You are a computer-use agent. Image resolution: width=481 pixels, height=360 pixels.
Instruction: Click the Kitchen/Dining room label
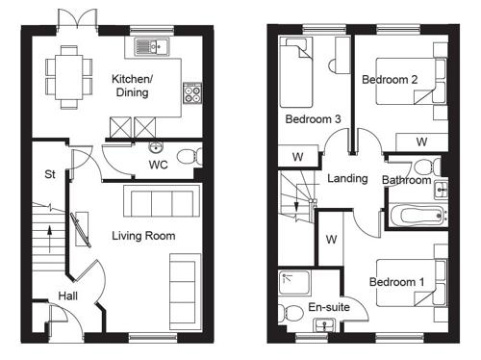[132, 86]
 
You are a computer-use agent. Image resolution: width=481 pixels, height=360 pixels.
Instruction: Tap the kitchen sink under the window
[152, 47]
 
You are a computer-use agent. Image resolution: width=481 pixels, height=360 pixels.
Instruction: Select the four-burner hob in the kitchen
[192, 93]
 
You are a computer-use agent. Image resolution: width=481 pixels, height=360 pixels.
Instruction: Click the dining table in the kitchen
[69, 77]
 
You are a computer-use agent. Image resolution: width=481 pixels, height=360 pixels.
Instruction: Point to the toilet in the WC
[190, 157]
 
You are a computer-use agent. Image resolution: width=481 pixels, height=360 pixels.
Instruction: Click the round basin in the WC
[156, 147]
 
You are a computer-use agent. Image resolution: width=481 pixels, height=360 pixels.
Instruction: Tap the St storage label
[50, 174]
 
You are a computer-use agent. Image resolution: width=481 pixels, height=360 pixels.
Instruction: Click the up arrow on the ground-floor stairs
[50, 239]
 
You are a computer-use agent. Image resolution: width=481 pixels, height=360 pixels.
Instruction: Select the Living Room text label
[143, 236]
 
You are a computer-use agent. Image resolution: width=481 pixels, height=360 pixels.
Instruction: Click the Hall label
[68, 296]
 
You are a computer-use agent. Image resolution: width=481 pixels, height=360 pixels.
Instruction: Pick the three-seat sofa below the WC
[162, 201]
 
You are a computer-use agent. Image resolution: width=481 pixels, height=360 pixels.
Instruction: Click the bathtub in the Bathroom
[418, 216]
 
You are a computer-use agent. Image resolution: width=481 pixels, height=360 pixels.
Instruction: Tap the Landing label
[347, 178]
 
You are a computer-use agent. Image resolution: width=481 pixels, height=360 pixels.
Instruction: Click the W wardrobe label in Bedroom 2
[421, 141]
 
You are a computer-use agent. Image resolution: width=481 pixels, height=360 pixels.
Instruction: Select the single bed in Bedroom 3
[296, 72]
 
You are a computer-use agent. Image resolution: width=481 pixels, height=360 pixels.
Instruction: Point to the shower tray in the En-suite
[294, 283]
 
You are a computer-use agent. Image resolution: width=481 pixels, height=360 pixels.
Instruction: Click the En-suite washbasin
[324, 325]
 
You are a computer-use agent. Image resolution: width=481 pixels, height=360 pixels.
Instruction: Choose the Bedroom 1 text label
[396, 282]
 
